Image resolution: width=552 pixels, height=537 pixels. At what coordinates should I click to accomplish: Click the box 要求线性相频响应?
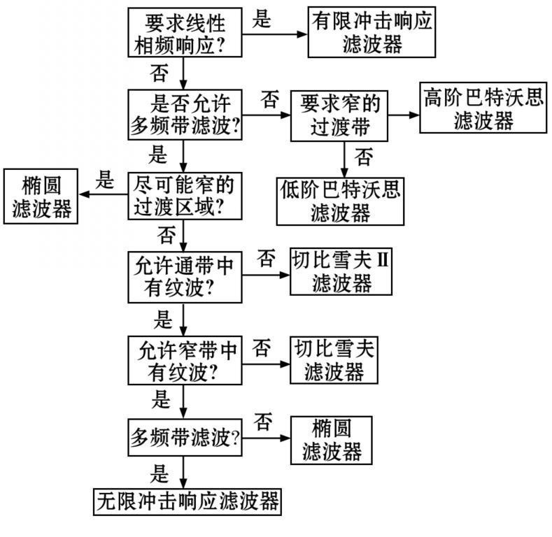185,32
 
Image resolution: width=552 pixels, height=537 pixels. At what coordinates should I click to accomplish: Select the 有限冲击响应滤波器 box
371,32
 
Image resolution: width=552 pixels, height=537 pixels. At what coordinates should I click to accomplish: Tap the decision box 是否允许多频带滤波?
185,115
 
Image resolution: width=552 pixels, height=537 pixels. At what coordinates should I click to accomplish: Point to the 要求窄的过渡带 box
339,116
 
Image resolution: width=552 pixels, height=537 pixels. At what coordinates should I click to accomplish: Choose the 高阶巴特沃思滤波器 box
483,108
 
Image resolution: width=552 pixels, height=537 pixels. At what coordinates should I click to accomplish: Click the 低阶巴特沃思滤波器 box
340,201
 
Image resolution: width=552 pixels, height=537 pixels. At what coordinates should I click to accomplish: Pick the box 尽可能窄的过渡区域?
185,196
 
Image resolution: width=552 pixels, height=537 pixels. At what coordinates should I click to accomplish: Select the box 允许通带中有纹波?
185,277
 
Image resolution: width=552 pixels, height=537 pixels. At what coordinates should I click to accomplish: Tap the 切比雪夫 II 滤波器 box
341,272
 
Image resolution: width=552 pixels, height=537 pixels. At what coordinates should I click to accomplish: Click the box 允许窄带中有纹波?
185,360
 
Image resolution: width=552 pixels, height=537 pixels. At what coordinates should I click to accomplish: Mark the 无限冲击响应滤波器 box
187,502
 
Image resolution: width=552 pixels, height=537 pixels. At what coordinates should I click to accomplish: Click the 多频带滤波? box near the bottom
185,438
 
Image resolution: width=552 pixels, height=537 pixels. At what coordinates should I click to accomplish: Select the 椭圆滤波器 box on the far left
41,196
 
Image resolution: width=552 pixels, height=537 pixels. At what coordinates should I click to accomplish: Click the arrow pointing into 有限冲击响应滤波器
275,34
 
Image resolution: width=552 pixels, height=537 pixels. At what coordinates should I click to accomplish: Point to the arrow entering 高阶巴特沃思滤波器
404,115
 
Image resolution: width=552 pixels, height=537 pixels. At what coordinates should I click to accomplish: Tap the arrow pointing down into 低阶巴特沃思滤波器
344,159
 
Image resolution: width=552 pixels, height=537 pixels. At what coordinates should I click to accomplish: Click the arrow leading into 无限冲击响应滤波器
183,472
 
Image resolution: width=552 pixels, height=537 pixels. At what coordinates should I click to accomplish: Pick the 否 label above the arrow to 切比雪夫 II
266,258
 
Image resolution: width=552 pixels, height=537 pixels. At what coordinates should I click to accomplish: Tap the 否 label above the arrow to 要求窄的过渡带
269,99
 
